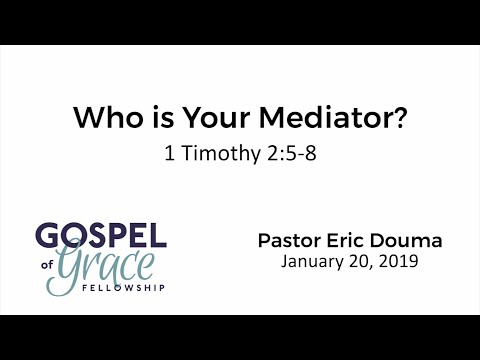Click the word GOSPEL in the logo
click(100, 236)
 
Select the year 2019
click(398, 264)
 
